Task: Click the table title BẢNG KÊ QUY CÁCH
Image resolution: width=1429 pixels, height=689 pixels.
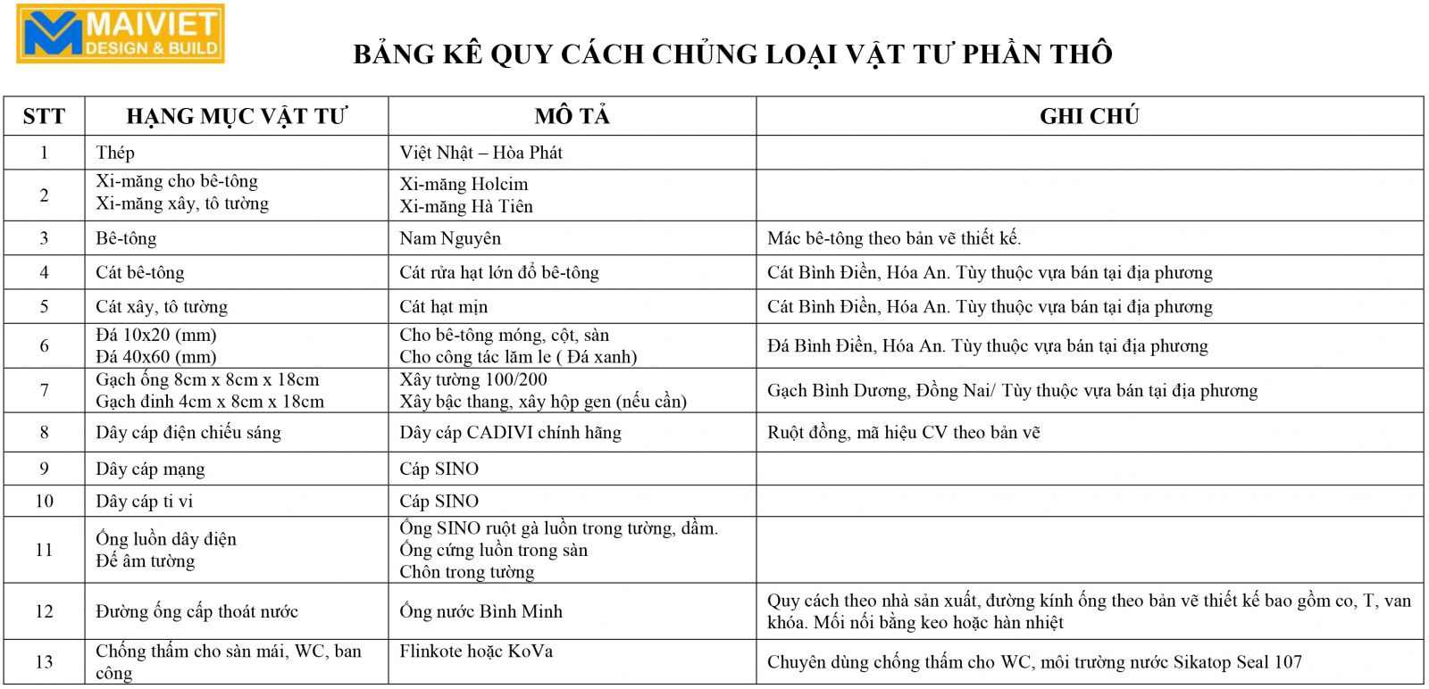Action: click(732, 54)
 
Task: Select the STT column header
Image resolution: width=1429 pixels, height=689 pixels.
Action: click(44, 116)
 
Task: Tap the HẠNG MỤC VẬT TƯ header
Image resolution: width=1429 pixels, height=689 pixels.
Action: click(237, 116)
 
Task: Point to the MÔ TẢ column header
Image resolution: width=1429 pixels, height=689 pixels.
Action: click(572, 116)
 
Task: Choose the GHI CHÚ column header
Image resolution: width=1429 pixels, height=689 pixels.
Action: click(1089, 116)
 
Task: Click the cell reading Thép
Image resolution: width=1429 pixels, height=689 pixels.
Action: click(115, 153)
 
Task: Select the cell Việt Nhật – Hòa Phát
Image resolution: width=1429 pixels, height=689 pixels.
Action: click(481, 153)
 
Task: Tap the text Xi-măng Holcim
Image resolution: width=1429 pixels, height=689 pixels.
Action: click(464, 185)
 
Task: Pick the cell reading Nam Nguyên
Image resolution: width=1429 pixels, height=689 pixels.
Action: click(450, 238)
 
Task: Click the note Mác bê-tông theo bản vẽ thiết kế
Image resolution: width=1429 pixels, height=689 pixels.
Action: click(894, 238)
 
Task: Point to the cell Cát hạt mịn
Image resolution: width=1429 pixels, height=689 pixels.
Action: click(443, 307)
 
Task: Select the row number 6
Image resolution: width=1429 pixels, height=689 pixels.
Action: click(44, 346)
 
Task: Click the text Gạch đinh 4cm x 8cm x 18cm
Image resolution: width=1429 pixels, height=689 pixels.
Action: click(210, 402)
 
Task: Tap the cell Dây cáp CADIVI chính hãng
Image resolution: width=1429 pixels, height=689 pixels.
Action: click(510, 433)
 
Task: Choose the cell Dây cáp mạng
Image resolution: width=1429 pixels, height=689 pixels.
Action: click(150, 469)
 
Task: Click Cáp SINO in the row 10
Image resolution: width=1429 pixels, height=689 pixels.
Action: click(439, 502)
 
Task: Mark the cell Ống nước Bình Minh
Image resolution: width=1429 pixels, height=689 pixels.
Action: click(481, 611)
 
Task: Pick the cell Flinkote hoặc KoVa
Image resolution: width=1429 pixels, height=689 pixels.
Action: click(476, 652)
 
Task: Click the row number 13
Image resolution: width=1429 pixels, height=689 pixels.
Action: click(44, 662)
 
